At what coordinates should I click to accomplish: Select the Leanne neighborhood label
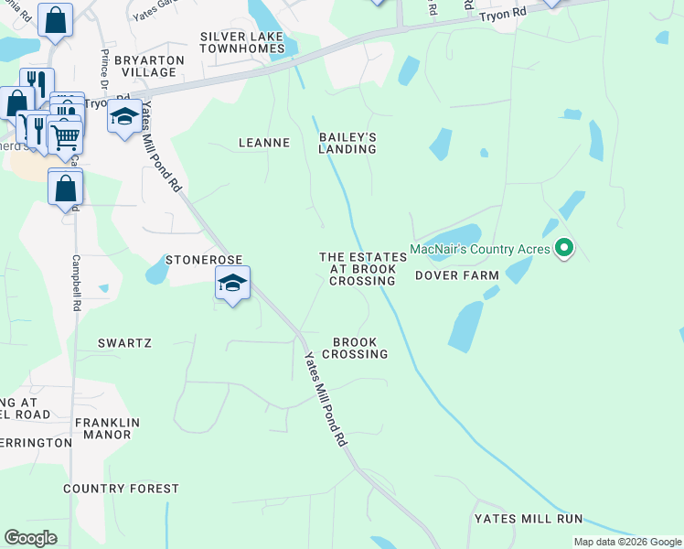click(263, 143)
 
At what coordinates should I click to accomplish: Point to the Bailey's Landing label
click(347, 143)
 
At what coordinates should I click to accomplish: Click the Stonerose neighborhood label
click(201, 260)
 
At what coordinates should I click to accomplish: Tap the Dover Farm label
click(457, 275)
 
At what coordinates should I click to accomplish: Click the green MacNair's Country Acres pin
click(565, 247)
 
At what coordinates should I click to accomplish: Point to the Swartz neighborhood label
click(123, 342)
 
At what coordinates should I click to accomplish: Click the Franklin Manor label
click(107, 429)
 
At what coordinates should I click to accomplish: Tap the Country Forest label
click(122, 489)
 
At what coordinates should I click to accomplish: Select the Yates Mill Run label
click(528, 519)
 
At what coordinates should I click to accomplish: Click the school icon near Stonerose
click(232, 284)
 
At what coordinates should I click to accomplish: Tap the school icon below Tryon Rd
click(123, 119)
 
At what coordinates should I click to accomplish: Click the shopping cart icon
click(65, 137)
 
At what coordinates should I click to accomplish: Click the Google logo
click(30, 538)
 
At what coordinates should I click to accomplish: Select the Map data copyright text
click(627, 543)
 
